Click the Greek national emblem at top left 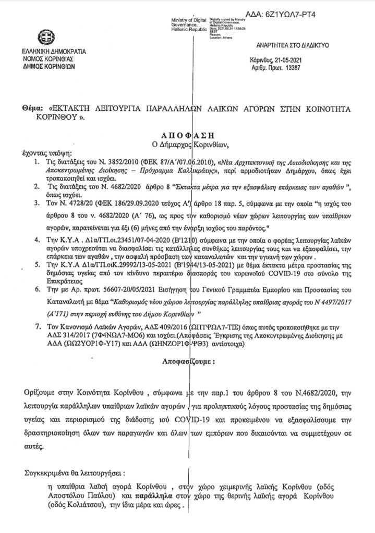tap(45, 38)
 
